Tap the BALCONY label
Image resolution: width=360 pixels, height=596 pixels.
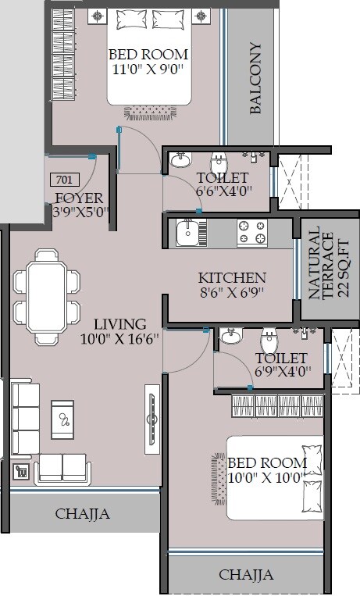[x=255, y=79]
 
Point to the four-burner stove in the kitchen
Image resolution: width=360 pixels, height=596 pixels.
[x=251, y=232]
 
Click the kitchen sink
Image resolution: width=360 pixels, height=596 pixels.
[x=187, y=233]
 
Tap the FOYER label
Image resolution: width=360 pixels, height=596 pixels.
[x=80, y=197]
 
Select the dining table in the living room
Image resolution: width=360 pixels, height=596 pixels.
[x=48, y=298]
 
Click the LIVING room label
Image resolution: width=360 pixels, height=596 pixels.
[x=119, y=323]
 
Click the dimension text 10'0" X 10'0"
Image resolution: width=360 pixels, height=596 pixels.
[x=265, y=478]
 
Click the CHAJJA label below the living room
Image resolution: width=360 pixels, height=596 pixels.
[x=82, y=514]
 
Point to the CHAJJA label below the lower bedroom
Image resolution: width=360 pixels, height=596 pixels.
[x=246, y=575]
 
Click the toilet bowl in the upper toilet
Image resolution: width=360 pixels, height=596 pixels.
[x=219, y=163]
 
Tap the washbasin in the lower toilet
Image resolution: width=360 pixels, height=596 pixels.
[x=230, y=337]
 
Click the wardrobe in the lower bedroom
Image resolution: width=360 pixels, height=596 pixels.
[x=278, y=405]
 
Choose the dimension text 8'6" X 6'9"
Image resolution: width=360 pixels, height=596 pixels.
[x=231, y=294]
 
